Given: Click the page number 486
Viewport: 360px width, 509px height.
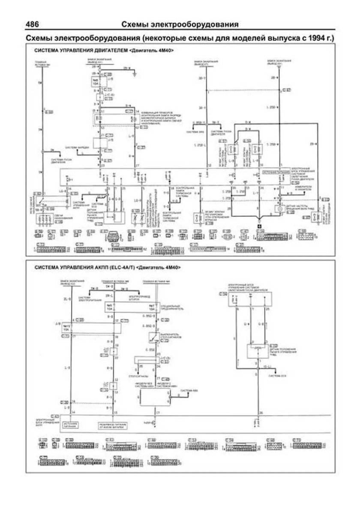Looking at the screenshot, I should coord(35,24).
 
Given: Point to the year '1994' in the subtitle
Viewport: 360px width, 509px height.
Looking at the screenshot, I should coord(316,38).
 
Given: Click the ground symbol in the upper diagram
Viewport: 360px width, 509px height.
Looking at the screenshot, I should coord(135,74).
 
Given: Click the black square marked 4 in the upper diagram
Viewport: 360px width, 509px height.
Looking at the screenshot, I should coord(259,225).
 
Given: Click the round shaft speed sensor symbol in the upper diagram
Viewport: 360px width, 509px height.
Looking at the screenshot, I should coord(278,208).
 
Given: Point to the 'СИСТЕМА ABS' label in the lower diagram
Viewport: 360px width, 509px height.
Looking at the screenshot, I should coord(188,391).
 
